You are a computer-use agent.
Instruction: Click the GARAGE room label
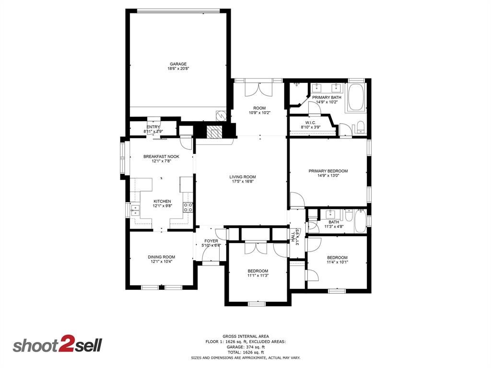(x=177, y=64)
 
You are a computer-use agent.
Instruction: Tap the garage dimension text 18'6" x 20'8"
(x=177, y=69)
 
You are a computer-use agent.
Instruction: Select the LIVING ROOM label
(x=242, y=176)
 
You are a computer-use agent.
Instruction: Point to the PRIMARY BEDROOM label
(x=328, y=171)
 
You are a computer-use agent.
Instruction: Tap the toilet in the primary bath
(x=361, y=127)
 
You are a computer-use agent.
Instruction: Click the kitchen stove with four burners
(x=188, y=207)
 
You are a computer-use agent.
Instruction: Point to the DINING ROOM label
(x=161, y=257)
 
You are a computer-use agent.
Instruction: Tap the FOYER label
(x=211, y=241)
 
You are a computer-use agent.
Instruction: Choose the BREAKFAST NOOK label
(x=161, y=156)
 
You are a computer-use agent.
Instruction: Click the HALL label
(x=293, y=236)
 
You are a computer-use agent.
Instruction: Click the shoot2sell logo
(x=57, y=345)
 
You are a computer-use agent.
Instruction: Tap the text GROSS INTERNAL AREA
(x=245, y=336)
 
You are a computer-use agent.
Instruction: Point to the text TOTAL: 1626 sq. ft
(x=245, y=352)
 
